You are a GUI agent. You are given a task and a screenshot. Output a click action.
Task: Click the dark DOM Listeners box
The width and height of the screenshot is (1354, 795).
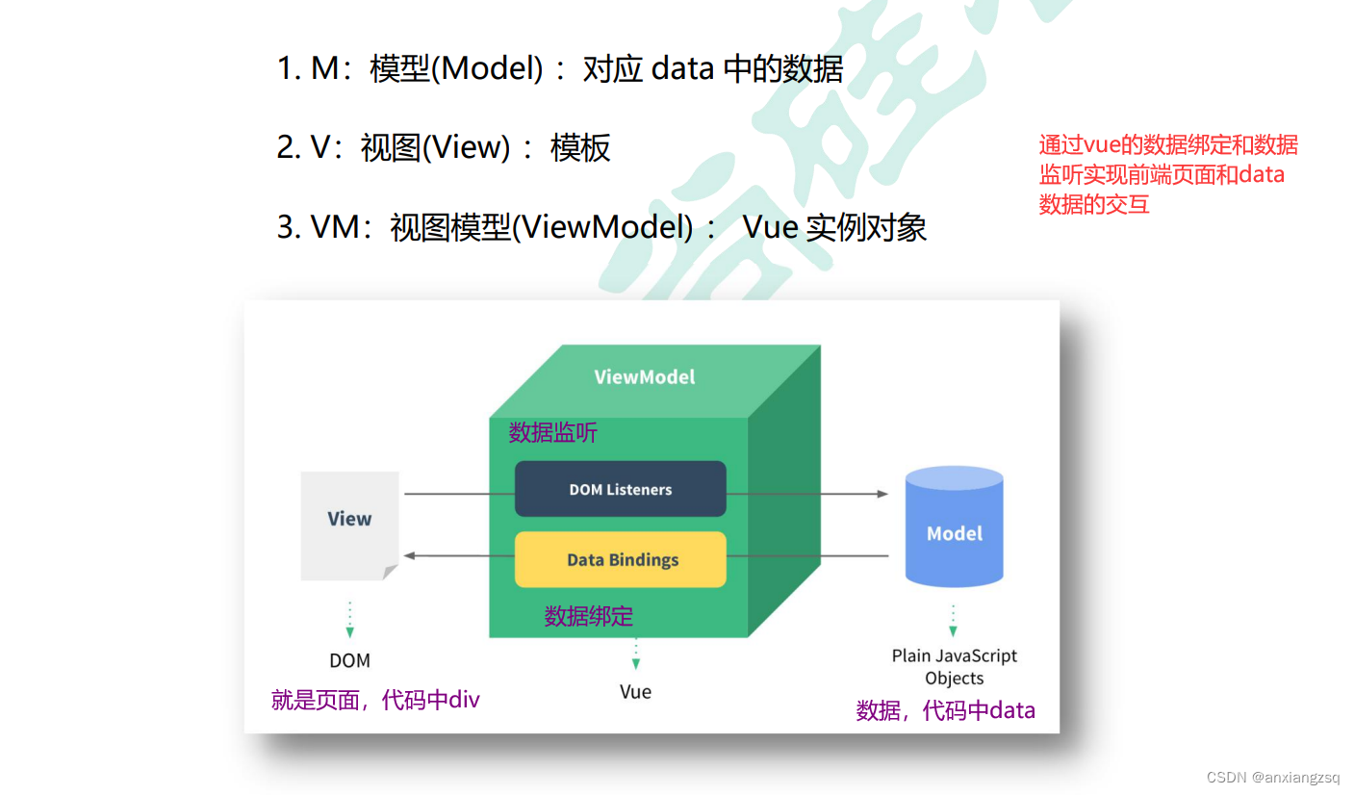point(620,489)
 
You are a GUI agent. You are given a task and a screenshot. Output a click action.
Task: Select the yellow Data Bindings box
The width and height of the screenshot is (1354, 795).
point(620,559)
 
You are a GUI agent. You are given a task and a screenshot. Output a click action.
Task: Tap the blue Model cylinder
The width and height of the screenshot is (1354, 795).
point(954,527)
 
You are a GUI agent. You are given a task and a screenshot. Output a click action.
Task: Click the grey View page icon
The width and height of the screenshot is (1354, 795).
point(349,525)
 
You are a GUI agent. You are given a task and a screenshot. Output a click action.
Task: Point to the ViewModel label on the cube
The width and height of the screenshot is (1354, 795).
point(644,376)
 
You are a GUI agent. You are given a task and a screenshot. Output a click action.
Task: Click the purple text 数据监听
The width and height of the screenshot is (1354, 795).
point(552,433)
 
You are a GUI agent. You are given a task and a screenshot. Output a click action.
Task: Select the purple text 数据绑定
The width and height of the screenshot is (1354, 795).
point(588,616)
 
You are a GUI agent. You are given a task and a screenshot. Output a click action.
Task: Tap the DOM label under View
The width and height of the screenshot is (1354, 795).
point(349,660)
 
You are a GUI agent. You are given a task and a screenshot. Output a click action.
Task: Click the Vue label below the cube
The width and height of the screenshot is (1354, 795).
point(635,691)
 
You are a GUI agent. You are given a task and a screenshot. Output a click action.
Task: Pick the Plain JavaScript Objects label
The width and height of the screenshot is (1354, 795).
point(954,666)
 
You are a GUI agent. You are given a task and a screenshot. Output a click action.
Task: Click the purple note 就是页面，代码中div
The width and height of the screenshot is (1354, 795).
point(375,700)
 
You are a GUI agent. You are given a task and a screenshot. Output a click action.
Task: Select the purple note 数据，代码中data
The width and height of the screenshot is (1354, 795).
point(945,710)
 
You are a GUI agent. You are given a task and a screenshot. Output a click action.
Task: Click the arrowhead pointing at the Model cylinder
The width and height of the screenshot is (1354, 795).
point(882,494)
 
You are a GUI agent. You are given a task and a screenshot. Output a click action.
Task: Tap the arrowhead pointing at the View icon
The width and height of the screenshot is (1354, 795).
point(409,555)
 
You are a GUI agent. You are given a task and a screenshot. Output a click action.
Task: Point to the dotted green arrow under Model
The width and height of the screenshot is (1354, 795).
point(953,620)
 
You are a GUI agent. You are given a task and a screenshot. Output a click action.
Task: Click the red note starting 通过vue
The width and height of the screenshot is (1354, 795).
point(1167,174)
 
